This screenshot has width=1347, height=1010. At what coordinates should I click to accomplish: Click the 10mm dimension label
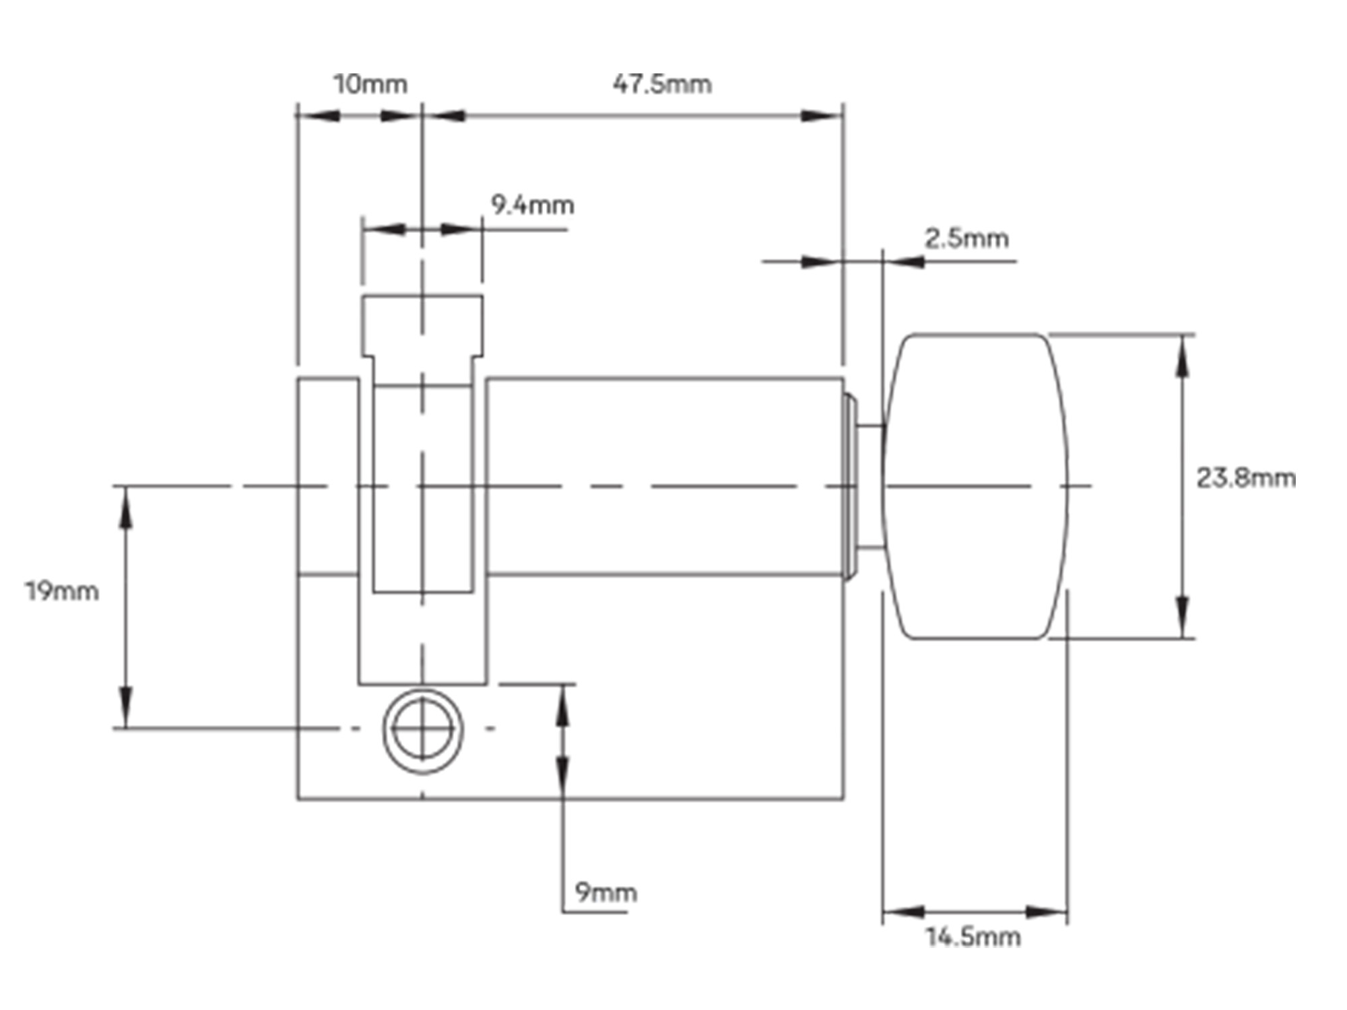tap(370, 85)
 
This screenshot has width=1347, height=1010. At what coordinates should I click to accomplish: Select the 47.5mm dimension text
tap(662, 84)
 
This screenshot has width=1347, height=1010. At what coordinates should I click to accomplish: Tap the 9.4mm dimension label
tap(532, 205)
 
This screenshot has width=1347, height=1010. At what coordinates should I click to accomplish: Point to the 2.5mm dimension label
tap(966, 238)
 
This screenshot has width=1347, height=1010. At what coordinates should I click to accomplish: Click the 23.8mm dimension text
tap(1245, 478)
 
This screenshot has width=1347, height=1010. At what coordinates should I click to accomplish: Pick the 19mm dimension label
tap(62, 591)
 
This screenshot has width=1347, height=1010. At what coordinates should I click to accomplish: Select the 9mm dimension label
tap(605, 892)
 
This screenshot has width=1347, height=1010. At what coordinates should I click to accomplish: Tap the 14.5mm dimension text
tap(973, 937)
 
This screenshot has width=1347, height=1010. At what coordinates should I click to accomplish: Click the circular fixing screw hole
tap(423, 731)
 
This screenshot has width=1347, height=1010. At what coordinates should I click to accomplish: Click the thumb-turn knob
tap(975, 485)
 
